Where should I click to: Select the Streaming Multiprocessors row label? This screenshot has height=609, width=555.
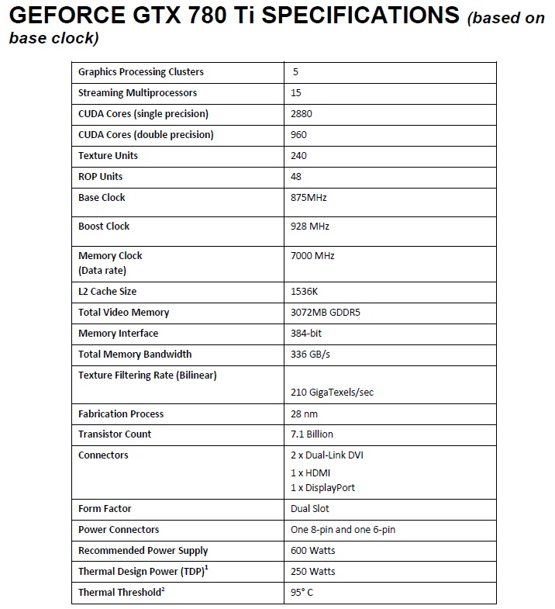tap(137, 93)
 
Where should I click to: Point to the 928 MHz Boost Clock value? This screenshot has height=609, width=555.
tap(309, 227)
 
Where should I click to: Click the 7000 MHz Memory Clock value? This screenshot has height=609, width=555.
tap(312, 255)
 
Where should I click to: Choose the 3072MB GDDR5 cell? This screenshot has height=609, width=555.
tap(322, 313)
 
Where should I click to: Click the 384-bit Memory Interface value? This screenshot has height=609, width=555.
tap(305, 334)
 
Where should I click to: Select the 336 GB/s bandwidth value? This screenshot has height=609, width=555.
tap(307, 355)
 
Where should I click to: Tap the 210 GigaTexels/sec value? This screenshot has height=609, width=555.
tap(332, 393)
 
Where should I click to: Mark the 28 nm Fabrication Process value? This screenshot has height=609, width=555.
tap(303, 414)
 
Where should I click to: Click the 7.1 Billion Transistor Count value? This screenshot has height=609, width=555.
tap(312, 434)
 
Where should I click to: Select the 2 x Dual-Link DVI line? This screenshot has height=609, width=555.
tap(326, 455)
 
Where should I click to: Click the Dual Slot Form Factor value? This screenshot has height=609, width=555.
tap(309, 509)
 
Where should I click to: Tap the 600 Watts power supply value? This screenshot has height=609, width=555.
tap(312, 551)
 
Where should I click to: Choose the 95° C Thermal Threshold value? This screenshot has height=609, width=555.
tap(302, 593)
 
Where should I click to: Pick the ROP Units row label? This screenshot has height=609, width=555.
tap(101, 177)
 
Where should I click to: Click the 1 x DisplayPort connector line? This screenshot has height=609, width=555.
tap(322, 488)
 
